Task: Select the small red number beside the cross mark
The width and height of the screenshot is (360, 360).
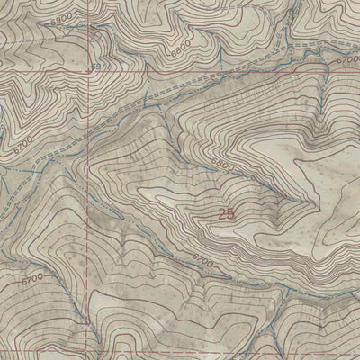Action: (x=94, y=66)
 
